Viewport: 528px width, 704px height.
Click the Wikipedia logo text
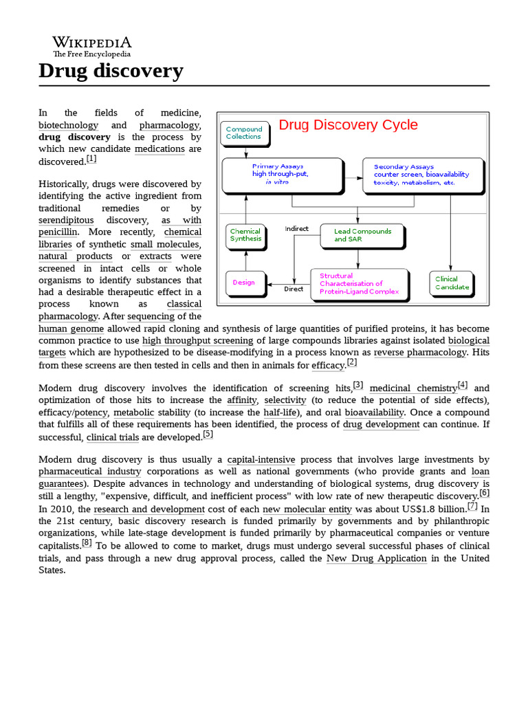click(92, 43)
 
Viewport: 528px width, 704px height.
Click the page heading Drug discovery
click(111, 70)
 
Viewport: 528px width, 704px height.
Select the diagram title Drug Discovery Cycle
click(348, 125)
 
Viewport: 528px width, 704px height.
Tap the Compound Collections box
click(244, 133)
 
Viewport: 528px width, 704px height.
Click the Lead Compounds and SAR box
click(362, 235)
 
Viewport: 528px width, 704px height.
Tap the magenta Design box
click(244, 282)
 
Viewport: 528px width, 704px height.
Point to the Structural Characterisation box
click(358, 283)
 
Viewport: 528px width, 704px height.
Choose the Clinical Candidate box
click(452, 283)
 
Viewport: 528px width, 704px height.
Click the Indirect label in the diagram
click(297, 229)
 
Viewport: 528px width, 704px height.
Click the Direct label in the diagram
click(294, 289)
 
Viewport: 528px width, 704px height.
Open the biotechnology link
click(68, 125)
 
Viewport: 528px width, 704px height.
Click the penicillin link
click(59, 232)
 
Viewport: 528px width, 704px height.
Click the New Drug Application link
click(376, 558)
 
